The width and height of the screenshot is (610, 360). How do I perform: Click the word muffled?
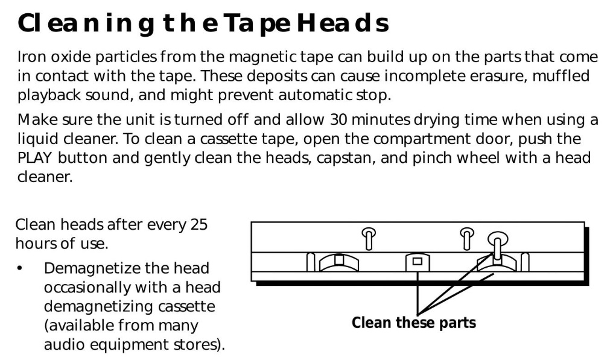tap(561, 75)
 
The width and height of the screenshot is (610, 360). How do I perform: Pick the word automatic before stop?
tap(316, 95)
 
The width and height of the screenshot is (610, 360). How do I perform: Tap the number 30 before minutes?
tap(338, 120)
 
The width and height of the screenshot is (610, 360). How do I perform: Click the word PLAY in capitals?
tap(34, 158)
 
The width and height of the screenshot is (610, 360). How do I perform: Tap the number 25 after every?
tap(199, 225)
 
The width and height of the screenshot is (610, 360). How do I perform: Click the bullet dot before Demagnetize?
tap(20, 268)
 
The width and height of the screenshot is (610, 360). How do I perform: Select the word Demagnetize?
tap(127, 269)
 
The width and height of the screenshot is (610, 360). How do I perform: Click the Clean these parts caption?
tap(413, 323)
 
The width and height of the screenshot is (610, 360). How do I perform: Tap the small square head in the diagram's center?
tap(418, 262)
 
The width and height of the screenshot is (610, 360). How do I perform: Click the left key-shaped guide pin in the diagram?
tap(369, 238)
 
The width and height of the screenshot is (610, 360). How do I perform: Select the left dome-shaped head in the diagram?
tap(339, 263)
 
